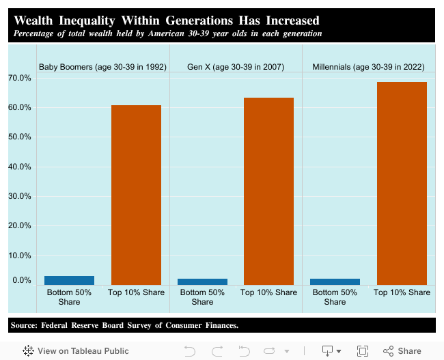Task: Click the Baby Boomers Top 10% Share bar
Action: click(136, 195)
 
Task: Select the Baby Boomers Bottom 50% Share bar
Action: click(69, 280)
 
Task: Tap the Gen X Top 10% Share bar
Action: click(268, 191)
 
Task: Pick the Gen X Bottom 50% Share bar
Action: click(202, 281)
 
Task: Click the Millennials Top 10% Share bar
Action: click(402, 183)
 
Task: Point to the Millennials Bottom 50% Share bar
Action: click(335, 281)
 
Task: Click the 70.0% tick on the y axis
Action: click(20, 78)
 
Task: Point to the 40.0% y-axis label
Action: click(20, 167)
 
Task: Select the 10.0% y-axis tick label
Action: click(20, 255)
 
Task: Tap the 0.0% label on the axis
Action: click(21, 280)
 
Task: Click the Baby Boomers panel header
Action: click(102, 67)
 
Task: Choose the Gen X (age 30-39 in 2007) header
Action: click(236, 67)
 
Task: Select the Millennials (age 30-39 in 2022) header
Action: click(368, 67)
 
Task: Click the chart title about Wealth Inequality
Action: click(167, 20)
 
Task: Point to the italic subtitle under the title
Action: click(168, 33)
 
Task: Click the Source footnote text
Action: click(124, 325)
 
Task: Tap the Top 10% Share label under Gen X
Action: click(269, 292)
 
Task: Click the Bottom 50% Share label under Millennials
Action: click(335, 297)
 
